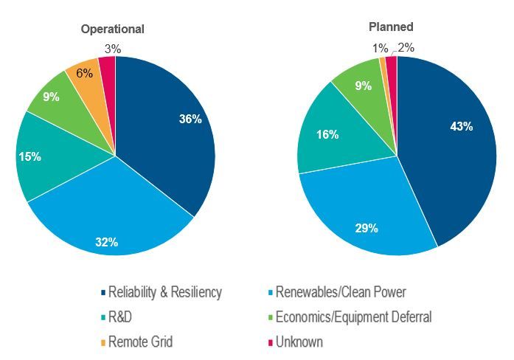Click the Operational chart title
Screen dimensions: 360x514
pos(112,30)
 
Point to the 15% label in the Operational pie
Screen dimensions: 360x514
pos(30,156)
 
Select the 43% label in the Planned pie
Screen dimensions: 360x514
pos(461,126)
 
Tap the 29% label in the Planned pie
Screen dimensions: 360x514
pos(367,228)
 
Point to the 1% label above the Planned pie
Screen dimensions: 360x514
pos(377,48)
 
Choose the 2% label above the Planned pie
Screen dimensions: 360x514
pos(406,48)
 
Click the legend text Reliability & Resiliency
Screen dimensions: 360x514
pos(165,292)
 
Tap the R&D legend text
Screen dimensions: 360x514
pos(122,317)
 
